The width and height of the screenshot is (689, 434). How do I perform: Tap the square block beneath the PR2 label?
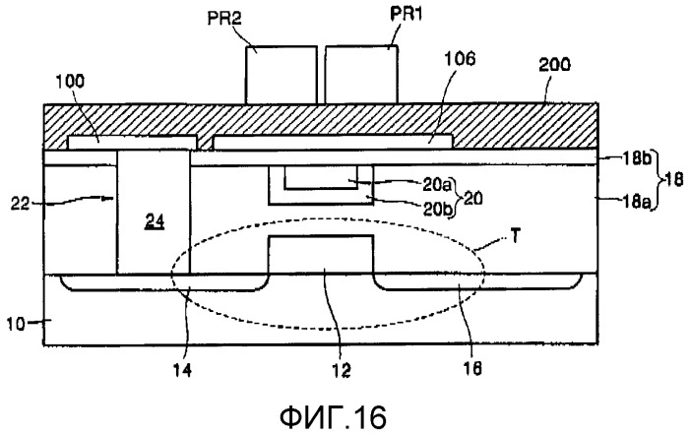[x=281, y=72]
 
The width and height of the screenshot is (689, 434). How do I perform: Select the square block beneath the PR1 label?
[x=361, y=72]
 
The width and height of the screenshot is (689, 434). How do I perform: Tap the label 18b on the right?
[x=631, y=155]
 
